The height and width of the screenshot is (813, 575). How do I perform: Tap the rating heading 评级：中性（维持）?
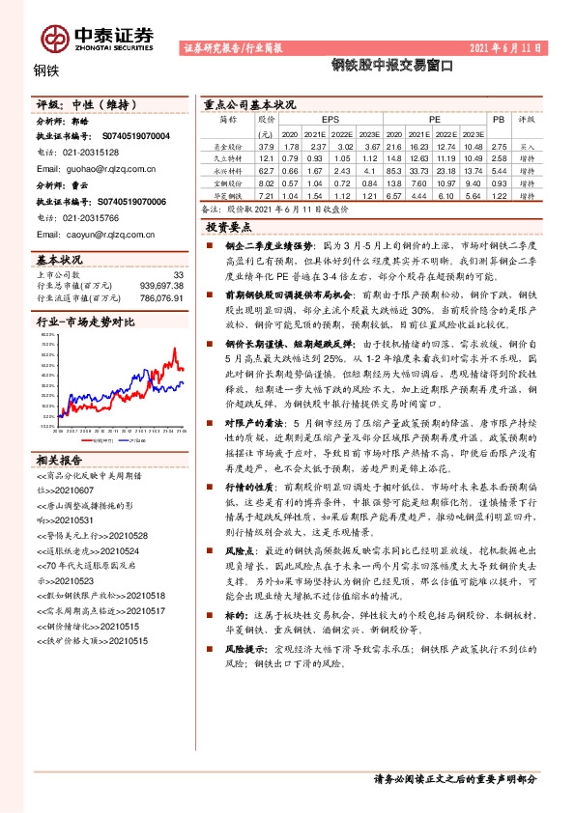point(80,103)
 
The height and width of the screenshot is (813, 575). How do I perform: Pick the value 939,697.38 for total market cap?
point(161,286)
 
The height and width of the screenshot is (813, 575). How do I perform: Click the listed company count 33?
point(177,275)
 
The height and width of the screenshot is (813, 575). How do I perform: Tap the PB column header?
point(499,119)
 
